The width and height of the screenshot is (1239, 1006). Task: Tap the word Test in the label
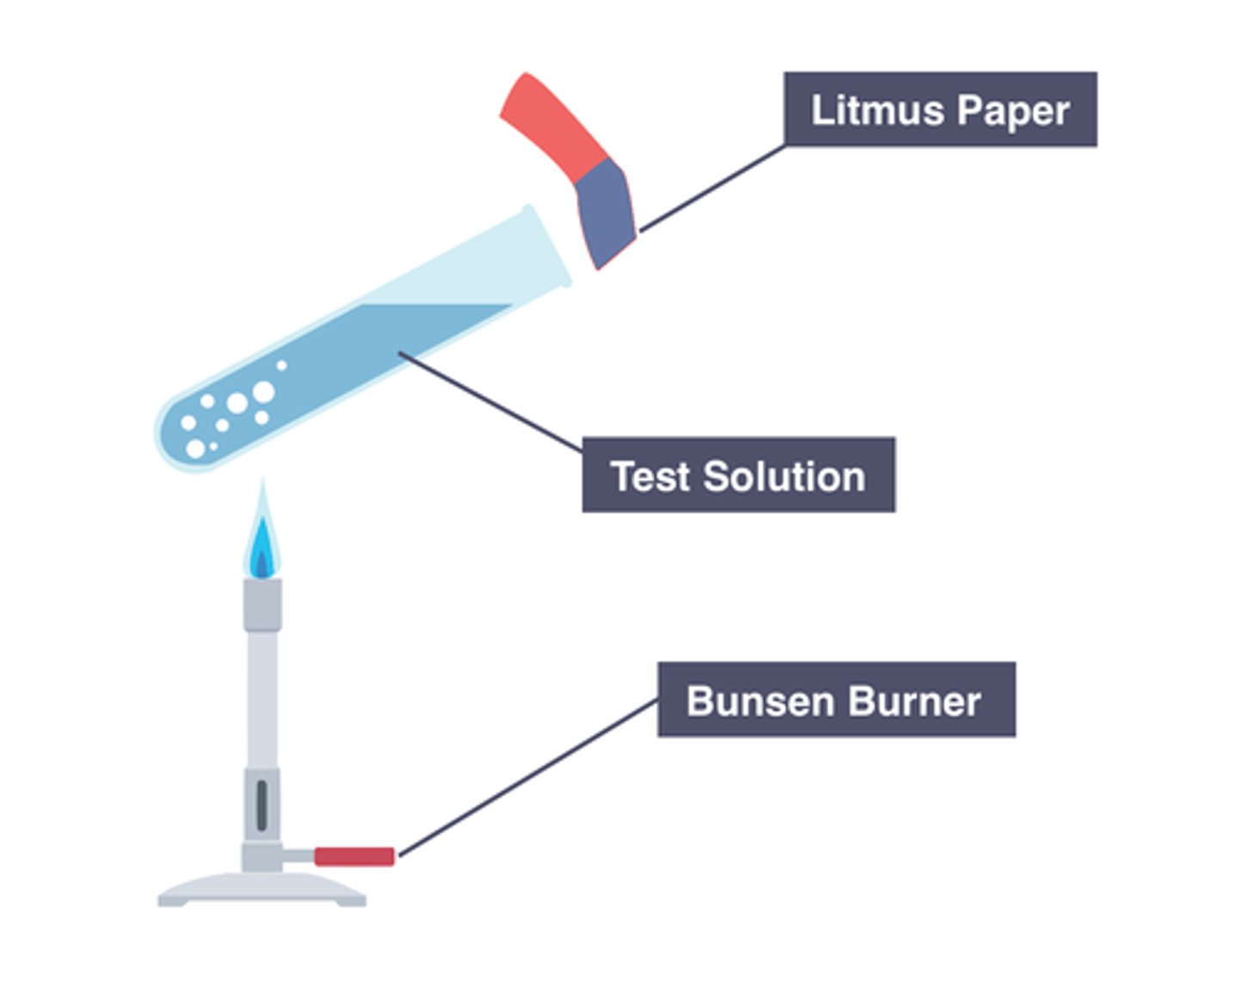tap(650, 476)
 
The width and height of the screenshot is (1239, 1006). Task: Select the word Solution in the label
tap(783, 476)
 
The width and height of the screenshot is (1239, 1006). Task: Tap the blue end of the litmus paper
tap(606, 211)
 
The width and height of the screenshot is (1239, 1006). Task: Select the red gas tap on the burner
tap(354, 856)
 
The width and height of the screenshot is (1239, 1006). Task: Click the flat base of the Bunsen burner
tap(262, 890)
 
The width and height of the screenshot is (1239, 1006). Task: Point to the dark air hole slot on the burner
tap(262, 805)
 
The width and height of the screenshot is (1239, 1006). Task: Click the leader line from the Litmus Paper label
tap(712, 188)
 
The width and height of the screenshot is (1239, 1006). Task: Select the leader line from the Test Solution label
tap(490, 402)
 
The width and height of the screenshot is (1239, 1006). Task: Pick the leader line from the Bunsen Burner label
tap(528, 778)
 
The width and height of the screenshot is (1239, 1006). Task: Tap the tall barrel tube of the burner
tap(262, 697)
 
